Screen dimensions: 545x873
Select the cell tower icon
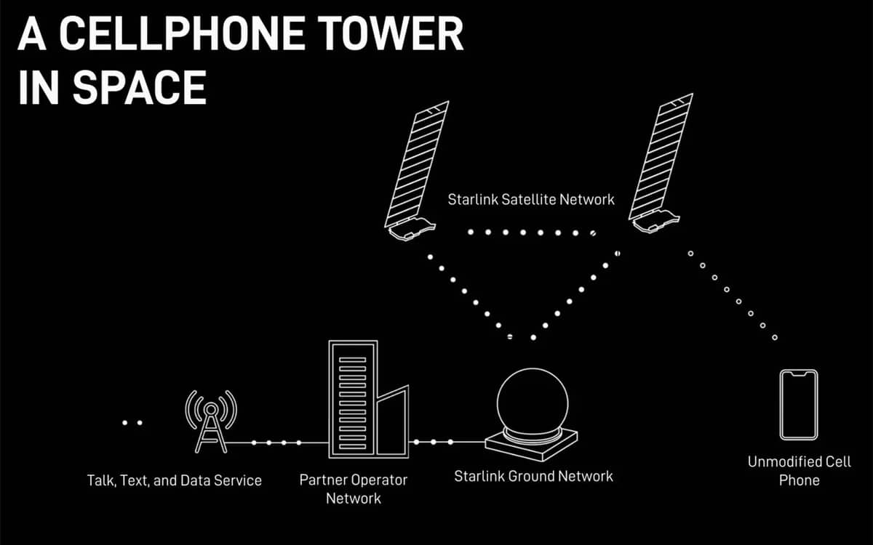(211, 421)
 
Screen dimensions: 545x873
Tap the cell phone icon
(798, 405)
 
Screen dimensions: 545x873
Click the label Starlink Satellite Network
(531, 199)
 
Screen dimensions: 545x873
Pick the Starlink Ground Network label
(533, 477)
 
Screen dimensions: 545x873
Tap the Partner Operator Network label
(354, 489)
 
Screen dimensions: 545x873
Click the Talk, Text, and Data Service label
(174, 480)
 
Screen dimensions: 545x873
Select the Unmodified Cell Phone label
(799, 471)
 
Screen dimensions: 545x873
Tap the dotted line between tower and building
(276, 443)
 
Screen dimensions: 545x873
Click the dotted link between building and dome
(433, 442)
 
